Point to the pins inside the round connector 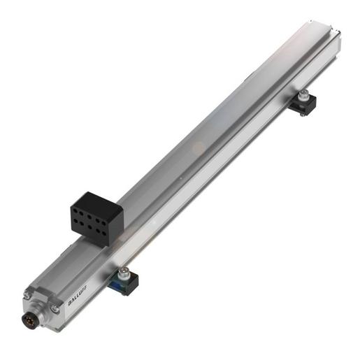click(x=35, y=324)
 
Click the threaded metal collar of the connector click(x=40, y=319)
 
